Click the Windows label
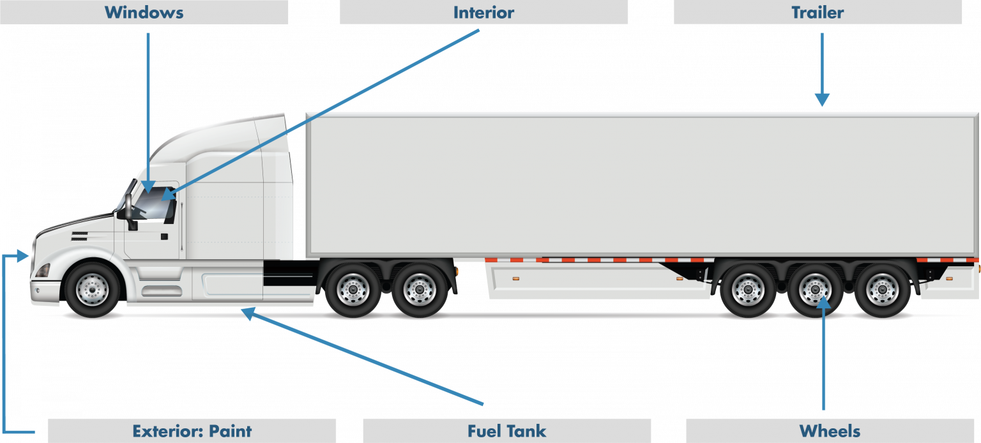click(x=144, y=12)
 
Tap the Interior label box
click(x=483, y=12)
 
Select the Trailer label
click(x=817, y=12)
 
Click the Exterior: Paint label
click(x=192, y=431)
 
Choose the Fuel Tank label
click(x=506, y=431)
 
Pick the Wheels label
click(x=830, y=431)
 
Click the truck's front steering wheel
click(x=93, y=289)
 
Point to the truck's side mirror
click(x=130, y=211)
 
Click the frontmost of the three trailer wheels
click(x=747, y=289)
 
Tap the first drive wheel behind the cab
click(x=353, y=289)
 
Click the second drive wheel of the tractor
click(x=420, y=289)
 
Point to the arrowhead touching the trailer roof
click(x=822, y=100)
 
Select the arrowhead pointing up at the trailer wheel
click(x=824, y=301)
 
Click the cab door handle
click(x=165, y=236)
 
